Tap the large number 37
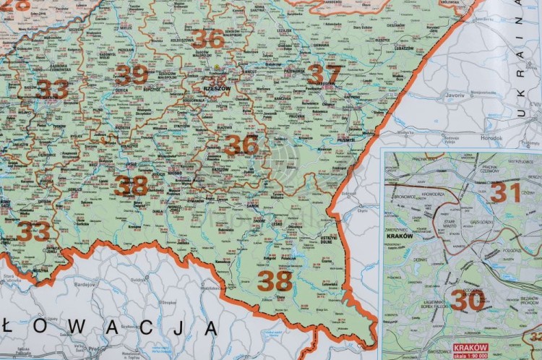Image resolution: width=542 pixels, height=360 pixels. (x=323, y=74)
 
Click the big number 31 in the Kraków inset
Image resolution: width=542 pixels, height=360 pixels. (x=506, y=192)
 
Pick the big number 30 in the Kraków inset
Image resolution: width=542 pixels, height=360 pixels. (x=468, y=299)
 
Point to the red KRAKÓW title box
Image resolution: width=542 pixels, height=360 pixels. (x=469, y=348)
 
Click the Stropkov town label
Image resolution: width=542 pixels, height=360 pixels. (x=168, y=302)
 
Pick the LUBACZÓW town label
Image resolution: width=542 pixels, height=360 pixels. (x=404, y=48)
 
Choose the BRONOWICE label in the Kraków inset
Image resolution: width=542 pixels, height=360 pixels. (x=410, y=196)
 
